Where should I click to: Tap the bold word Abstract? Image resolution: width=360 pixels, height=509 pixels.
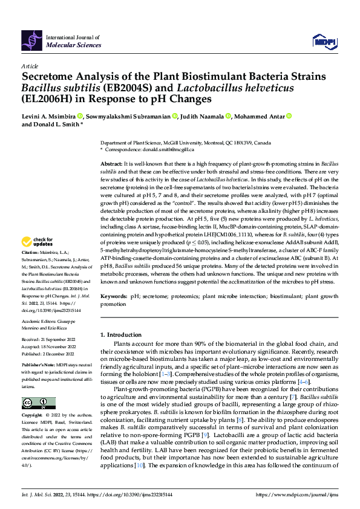tap(111, 164)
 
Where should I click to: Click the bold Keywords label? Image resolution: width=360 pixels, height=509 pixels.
tap(114, 297)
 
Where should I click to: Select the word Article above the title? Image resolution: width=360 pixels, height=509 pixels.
tap(30, 65)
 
